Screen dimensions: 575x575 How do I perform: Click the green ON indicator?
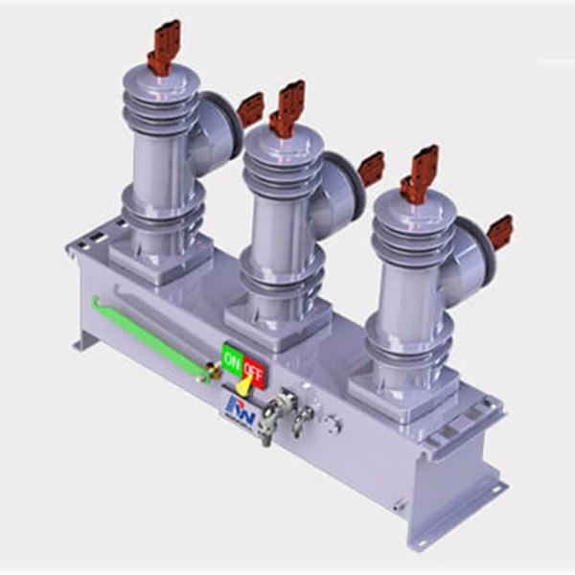232,361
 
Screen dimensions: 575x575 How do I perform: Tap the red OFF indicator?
254,365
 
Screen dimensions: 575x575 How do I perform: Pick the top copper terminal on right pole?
419,173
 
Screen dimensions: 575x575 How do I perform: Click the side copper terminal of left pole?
250,109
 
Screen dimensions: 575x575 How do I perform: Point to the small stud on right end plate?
399,503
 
